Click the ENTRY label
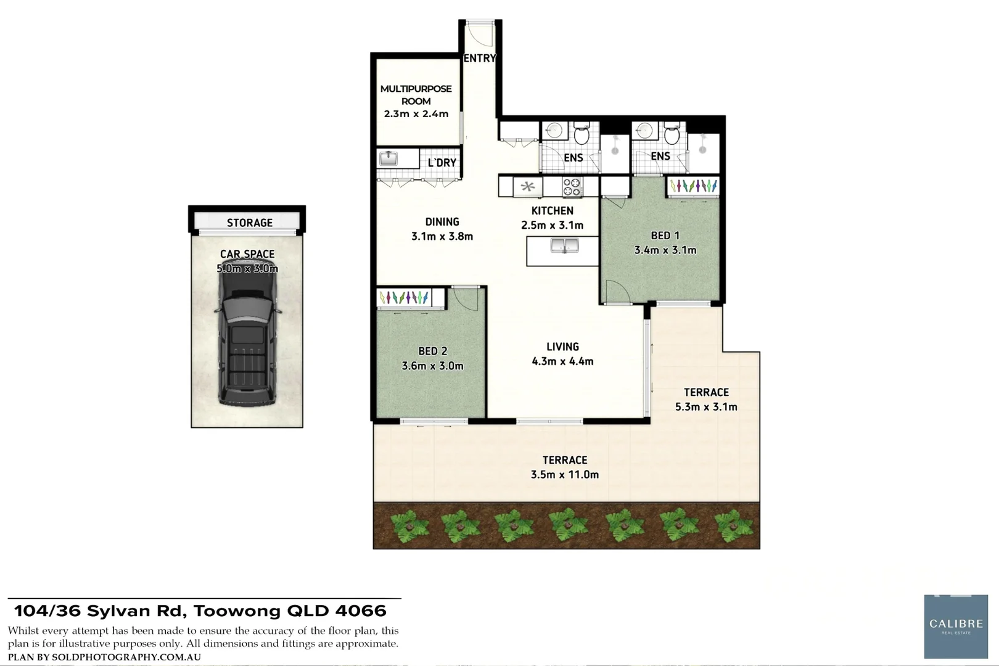pos(479,58)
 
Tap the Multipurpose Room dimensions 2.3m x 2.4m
pos(416,114)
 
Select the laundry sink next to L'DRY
pos(388,158)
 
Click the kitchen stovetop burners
pos(572,186)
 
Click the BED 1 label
pos(665,236)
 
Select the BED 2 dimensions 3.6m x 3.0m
pos(432,366)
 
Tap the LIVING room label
pos(562,347)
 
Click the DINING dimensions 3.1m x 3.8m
pos(442,236)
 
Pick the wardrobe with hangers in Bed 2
pos(404,298)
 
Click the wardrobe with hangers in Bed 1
pos(693,186)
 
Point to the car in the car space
pos(247,336)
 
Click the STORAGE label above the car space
pos(249,223)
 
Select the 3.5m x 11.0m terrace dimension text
pos(564,475)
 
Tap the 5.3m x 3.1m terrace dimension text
pos(706,407)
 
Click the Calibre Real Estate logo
pos(955,627)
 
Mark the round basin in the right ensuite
pos(646,131)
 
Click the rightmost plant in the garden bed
pos(734,525)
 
